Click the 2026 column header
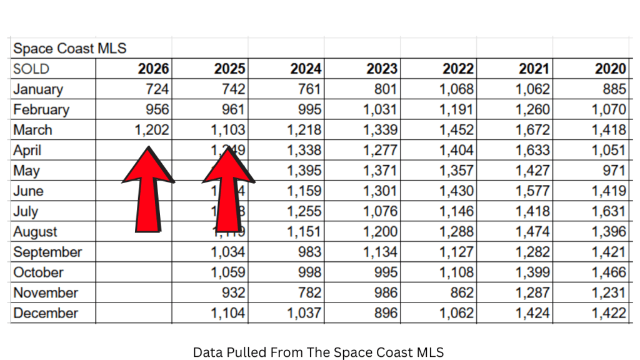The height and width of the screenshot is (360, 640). [x=153, y=69]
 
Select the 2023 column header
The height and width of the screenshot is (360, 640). [x=382, y=69]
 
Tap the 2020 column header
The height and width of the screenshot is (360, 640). [x=610, y=69]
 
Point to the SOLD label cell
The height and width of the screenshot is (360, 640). [x=31, y=69]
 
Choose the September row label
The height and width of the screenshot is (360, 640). [x=47, y=252]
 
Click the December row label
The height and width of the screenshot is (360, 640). [x=46, y=314]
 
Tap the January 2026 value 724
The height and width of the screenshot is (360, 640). [x=156, y=89]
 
